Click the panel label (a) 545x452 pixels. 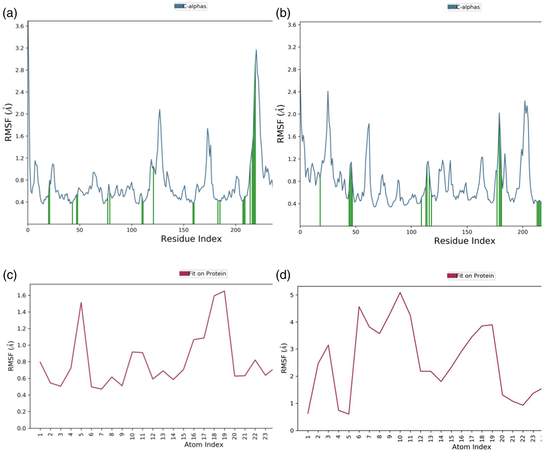click(x=10, y=14)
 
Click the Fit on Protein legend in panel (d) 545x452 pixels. click(x=472, y=276)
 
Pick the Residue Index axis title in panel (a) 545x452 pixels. click(x=191, y=239)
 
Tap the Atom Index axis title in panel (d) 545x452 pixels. click(x=471, y=447)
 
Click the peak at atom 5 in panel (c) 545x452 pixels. click(x=81, y=303)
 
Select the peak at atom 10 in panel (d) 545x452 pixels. click(x=400, y=292)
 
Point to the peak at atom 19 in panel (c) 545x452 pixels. click(x=224, y=291)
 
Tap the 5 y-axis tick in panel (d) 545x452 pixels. click(x=292, y=295)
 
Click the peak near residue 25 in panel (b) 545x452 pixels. click(x=328, y=91)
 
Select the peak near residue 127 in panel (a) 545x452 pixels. click(x=160, y=110)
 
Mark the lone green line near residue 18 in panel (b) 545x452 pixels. click(x=320, y=203)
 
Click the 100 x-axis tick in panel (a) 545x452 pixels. click(x=132, y=230)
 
